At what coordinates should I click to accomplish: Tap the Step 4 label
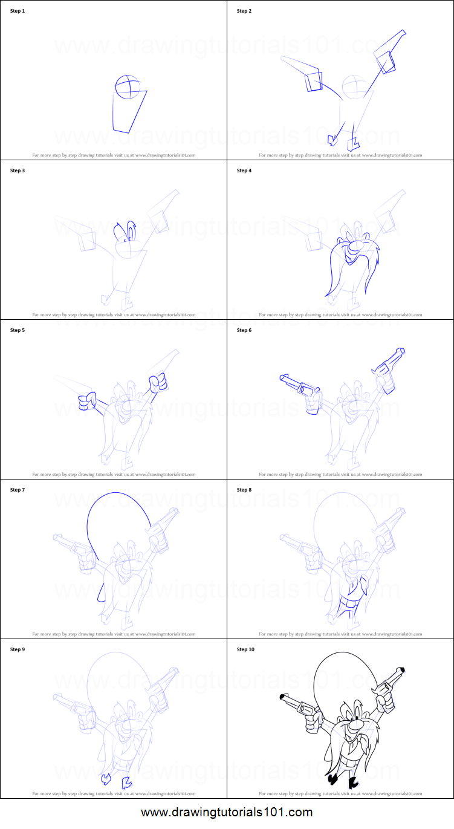point(244,171)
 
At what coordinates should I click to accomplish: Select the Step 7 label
point(18,490)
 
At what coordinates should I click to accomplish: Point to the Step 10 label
point(245,649)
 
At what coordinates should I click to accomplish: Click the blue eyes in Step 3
point(125,232)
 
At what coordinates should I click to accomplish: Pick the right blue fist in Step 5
point(158,382)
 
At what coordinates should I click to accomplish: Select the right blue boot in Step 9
point(127,783)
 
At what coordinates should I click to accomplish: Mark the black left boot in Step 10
point(332,778)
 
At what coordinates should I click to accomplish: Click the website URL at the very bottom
point(227,812)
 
